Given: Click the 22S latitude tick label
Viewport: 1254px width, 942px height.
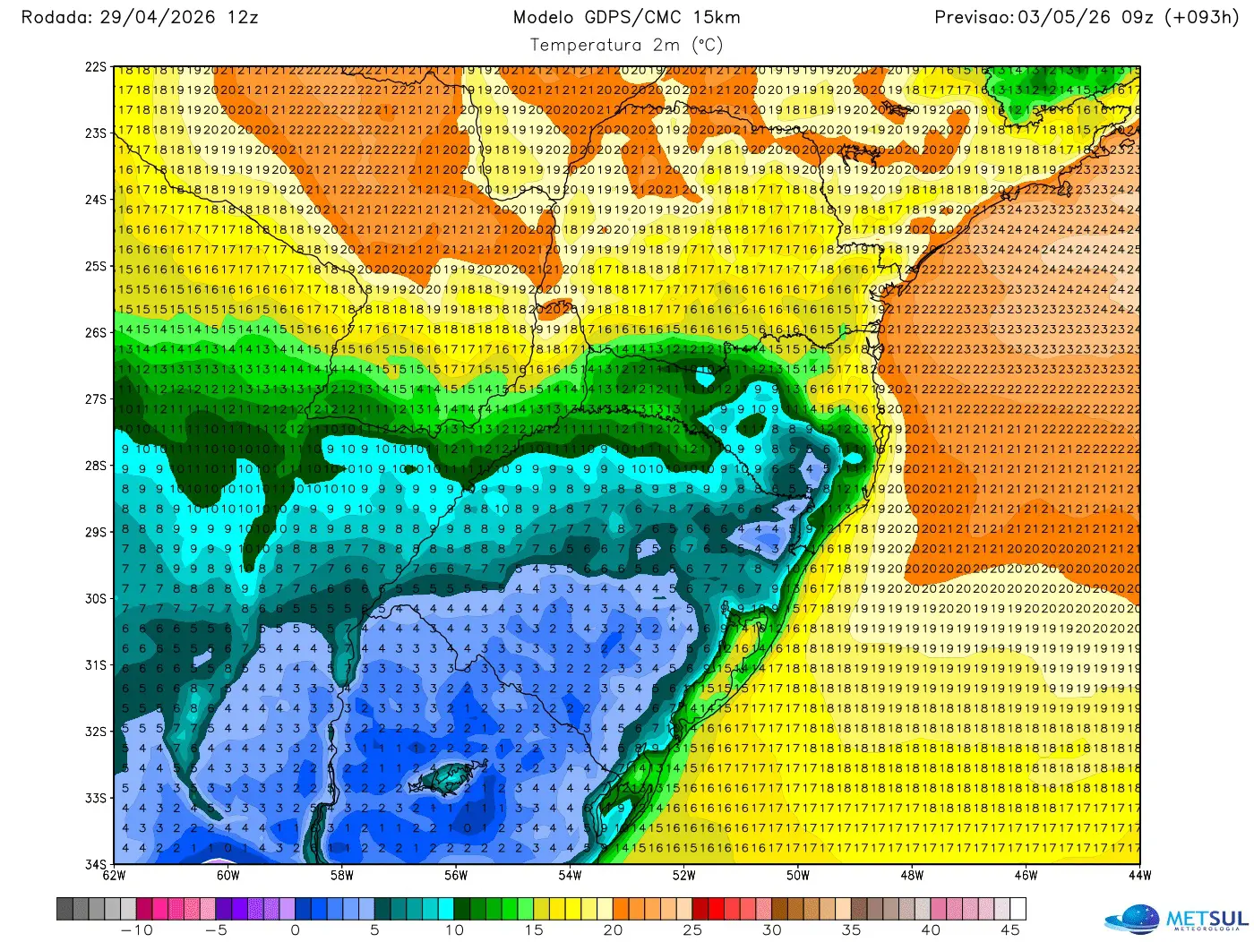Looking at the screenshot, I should (x=96, y=67).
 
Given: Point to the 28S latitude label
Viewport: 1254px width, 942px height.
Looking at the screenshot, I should (x=96, y=466).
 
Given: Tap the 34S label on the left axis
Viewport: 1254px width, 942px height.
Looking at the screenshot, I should (x=96, y=864).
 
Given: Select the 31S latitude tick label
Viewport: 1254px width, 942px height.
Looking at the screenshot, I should (x=96, y=665).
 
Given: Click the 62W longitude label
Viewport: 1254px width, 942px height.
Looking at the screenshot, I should (x=114, y=876).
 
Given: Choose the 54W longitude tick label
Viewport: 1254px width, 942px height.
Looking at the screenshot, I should (x=570, y=876).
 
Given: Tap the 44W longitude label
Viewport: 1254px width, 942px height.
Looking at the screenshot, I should (x=1139, y=876).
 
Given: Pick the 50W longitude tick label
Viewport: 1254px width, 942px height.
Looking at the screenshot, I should (x=797, y=876).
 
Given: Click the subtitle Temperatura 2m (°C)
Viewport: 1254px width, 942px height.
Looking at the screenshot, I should (x=626, y=45).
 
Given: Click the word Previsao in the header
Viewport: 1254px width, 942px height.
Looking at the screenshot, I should (x=973, y=17).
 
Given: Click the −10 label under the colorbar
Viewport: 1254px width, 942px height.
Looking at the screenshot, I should (x=137, y=930).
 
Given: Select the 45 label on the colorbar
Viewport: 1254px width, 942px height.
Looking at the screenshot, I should (x=1009, y=930).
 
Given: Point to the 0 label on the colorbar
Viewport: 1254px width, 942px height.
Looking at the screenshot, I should (x=295, y=930).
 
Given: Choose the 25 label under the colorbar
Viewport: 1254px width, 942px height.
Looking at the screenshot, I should (x=692, y=930).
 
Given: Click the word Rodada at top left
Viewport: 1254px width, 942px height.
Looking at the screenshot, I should (x=55, y=17).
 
